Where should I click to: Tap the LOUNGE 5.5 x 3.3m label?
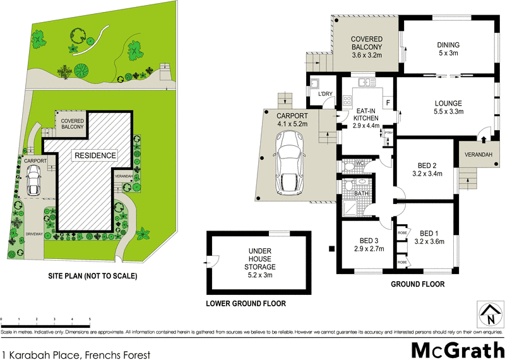click(x=448, y=107)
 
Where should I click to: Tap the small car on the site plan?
click(x=33, y=183)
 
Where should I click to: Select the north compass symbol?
click(x=488, y=312)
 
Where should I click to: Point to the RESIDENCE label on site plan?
click(x=95, y=155)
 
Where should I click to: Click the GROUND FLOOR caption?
click(x=417, y=284)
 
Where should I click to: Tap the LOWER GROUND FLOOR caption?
click(x=246, y=304)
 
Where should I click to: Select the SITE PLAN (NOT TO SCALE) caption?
click(x=93, y=276)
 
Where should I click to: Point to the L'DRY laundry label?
click(x=326, y=94)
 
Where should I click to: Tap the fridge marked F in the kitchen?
click(x=388, y=102)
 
